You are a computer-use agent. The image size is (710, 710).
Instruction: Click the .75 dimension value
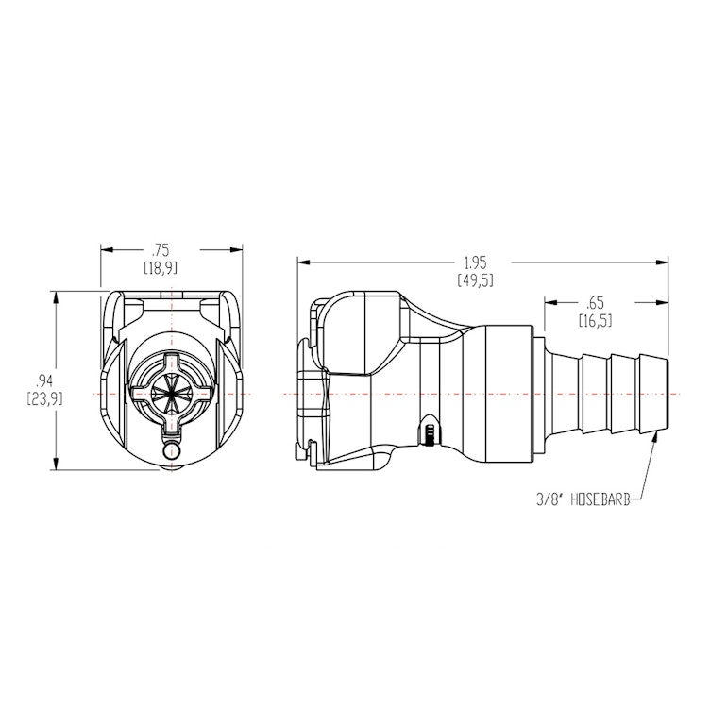click(160, 250)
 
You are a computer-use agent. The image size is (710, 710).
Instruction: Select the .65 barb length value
click(595, 303)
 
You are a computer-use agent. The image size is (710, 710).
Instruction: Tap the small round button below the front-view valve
click(172, 453)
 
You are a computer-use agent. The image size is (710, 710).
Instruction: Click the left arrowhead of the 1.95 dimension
click(302, 262)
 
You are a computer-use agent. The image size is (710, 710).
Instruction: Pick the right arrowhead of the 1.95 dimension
click(663, 262)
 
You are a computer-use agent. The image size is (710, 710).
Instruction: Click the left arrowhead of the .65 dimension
click(549, 303)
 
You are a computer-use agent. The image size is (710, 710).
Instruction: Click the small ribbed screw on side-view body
click(431, 434)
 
